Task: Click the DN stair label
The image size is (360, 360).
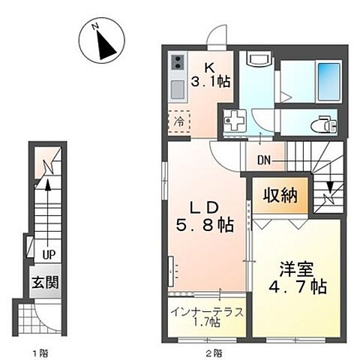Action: pos(264,159)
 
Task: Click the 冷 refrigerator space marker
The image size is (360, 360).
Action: pos(180,120)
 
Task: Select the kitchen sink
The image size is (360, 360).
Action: pos(178,91)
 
